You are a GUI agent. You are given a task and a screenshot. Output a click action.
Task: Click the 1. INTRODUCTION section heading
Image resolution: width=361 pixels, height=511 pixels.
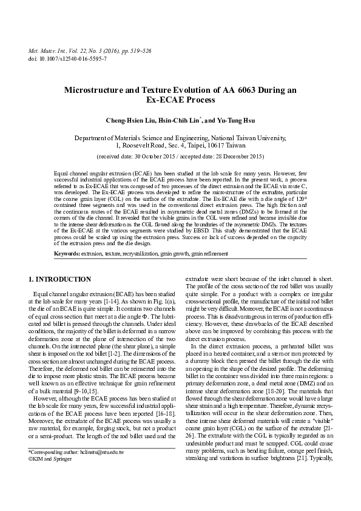(60, 279)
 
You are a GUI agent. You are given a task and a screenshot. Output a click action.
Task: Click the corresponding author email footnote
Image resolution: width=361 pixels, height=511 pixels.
(76, 470)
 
